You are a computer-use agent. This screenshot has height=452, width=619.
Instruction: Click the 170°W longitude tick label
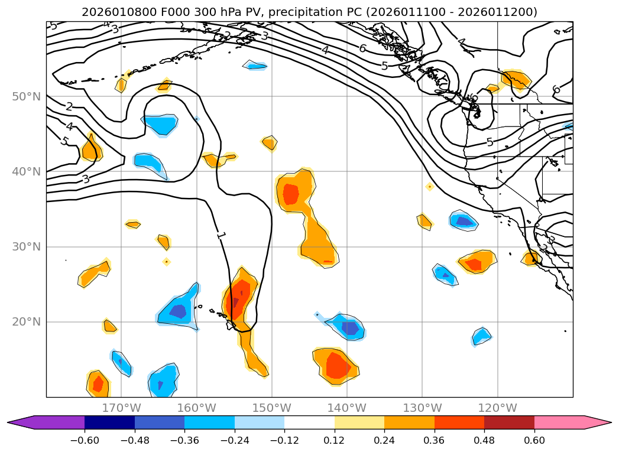pyautogui.click(x=121, y=408)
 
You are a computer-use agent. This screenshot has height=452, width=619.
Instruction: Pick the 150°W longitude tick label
pyautogui.click(x=272, y=408)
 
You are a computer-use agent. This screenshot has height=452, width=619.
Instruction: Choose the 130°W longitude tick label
pyautogui.click(x=422, y=408)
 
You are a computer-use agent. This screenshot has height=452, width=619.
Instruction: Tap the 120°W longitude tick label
pyautogui.click(x=497, y=408)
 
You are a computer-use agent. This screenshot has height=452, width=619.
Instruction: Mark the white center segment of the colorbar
pyautogui.click(x=309, y=422)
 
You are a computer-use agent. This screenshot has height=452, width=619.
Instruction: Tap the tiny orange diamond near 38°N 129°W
pyautogui.click(x=430, y=187)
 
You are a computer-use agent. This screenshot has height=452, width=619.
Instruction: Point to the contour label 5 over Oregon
pyautogui.click(x=490, y=142)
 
